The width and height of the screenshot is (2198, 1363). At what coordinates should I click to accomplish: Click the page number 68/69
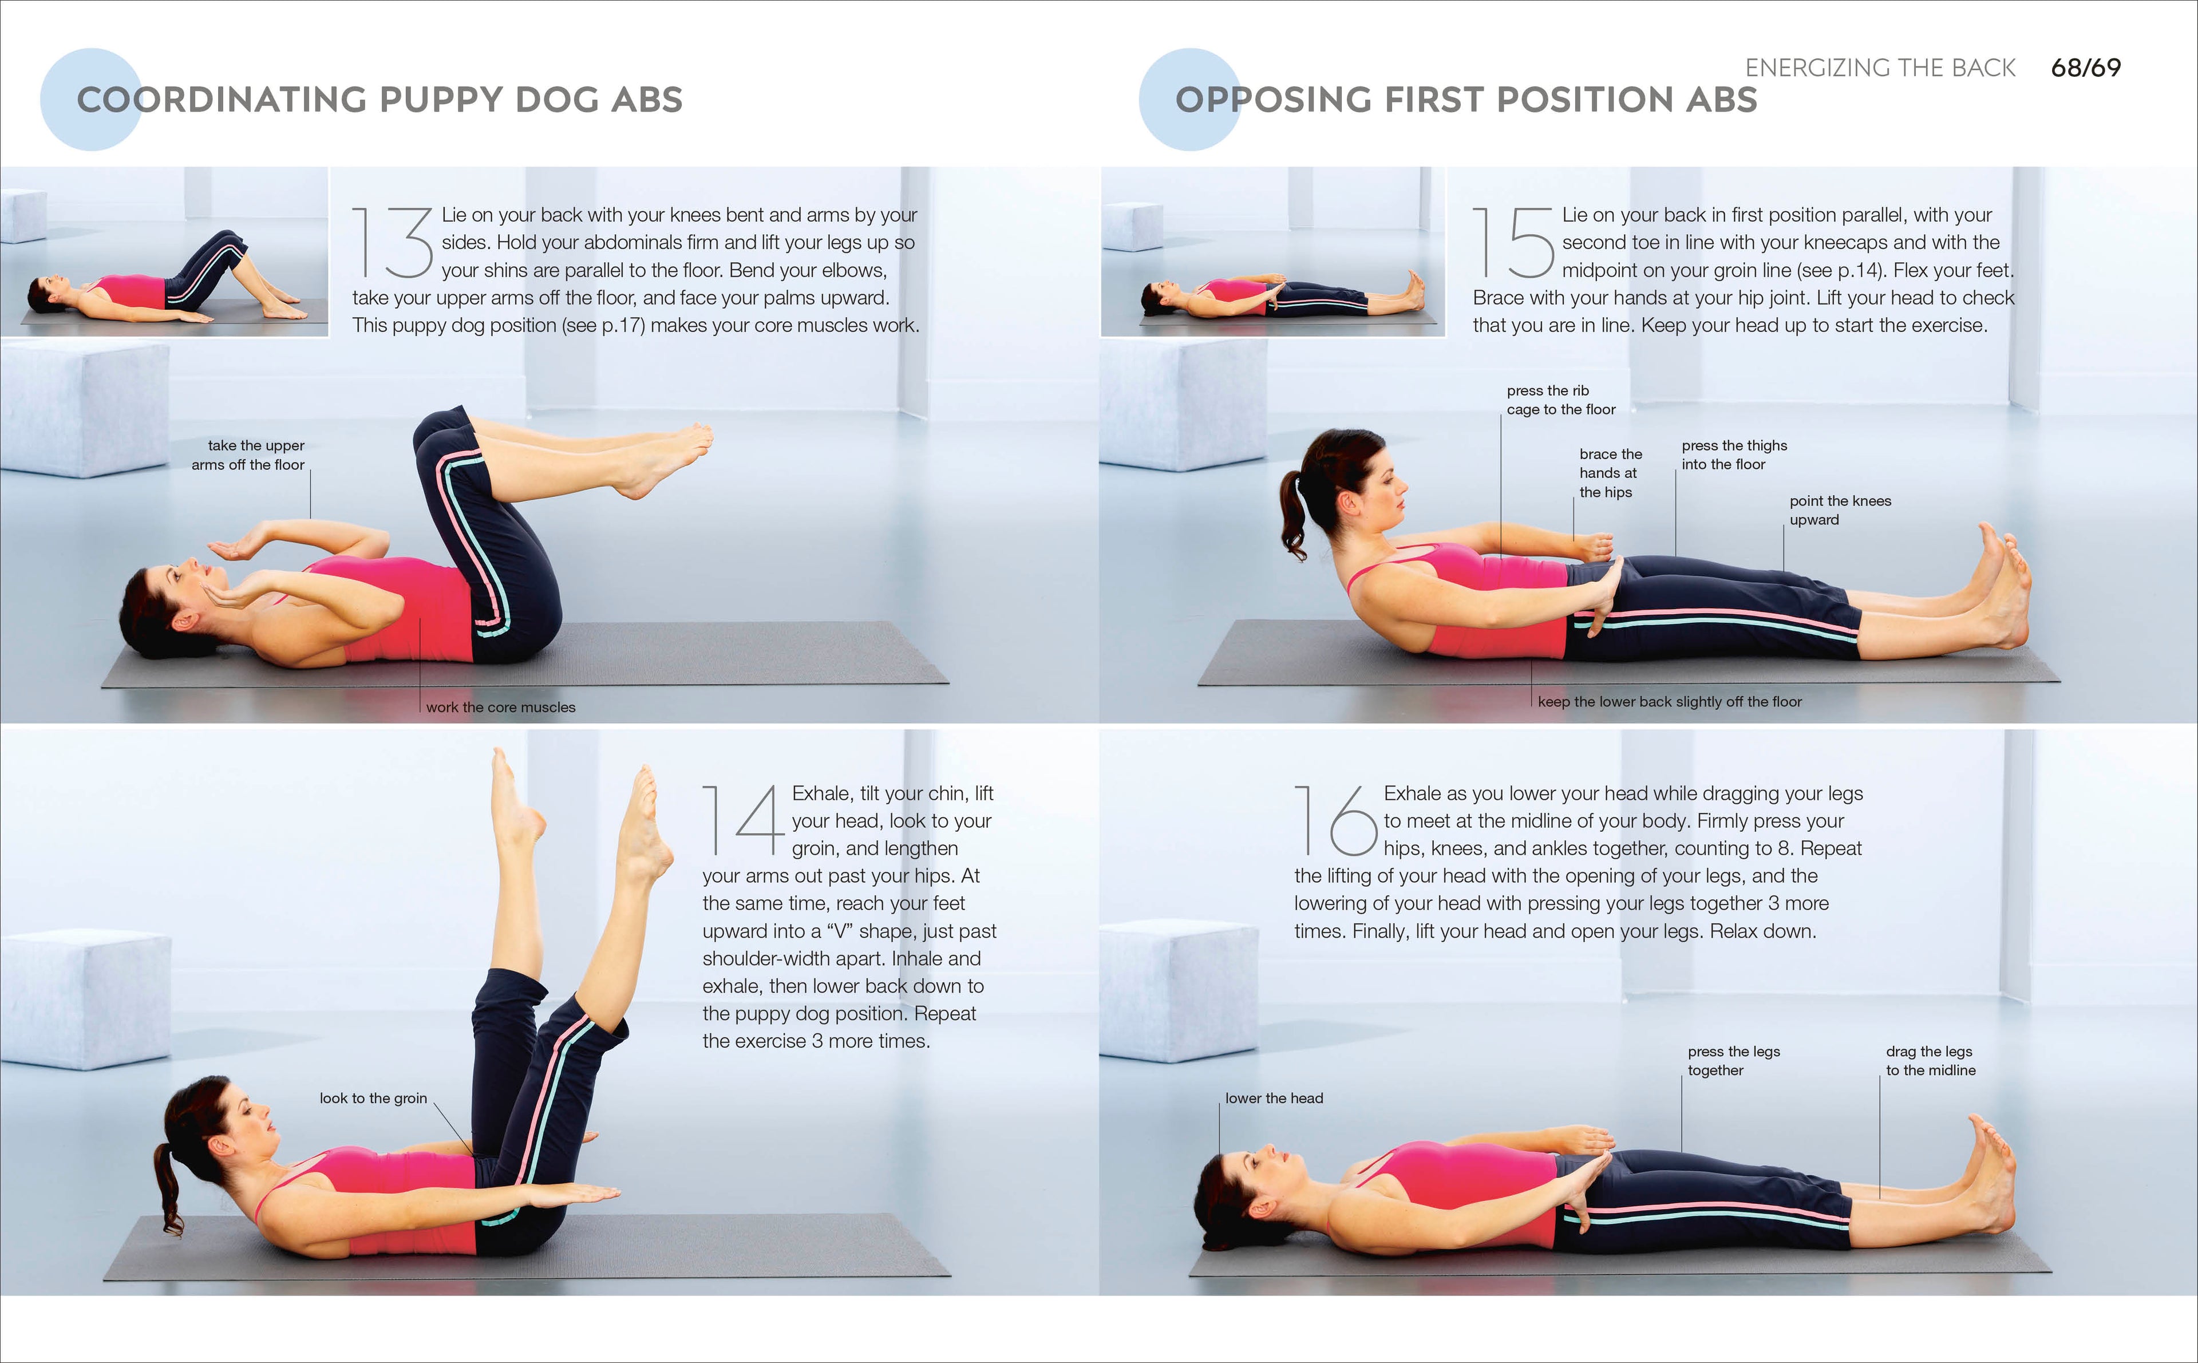click(2085, 68)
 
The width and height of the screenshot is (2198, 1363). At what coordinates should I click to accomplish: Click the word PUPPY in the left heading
click(440, 100)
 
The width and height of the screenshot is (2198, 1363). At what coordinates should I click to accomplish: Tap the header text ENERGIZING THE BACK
click(1880, 68)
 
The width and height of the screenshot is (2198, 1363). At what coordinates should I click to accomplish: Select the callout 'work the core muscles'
click(500, 708)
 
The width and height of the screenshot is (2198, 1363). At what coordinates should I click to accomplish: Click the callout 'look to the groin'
click(373, 1098)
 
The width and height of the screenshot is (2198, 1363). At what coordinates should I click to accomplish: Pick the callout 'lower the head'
click(1274, 1098)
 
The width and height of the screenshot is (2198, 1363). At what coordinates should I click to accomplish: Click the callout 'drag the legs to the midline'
click(1930, 1061)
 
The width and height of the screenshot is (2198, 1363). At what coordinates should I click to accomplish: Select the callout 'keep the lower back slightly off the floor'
click(1669, 701)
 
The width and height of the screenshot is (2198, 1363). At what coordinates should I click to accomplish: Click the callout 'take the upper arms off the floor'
click(249, 455)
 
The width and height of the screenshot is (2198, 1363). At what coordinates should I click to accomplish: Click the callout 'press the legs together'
click(1733, 1061)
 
